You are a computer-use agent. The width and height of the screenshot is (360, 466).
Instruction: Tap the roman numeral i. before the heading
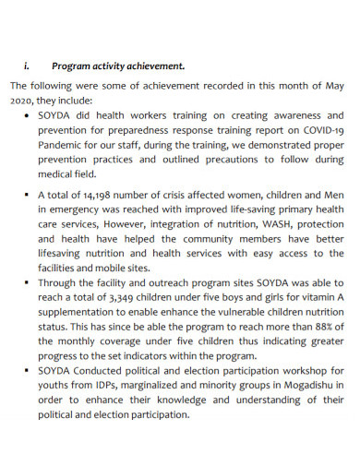coord(27,66)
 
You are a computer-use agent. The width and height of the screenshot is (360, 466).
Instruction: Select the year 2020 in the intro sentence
coord(23,102)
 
